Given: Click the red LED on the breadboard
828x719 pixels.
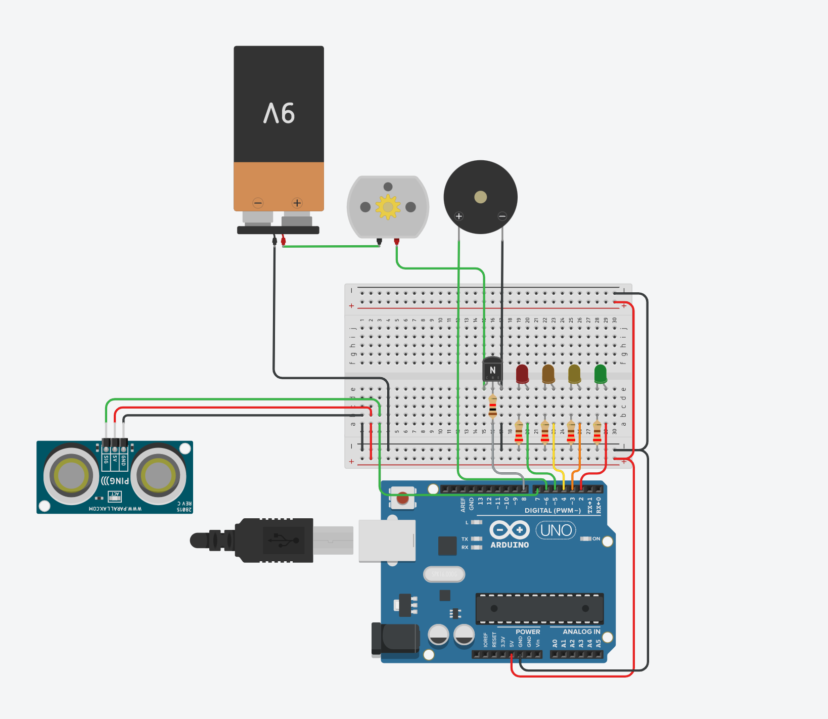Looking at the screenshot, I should (x=522, y=374).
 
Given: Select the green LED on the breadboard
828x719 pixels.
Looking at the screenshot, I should (x=601, y=374).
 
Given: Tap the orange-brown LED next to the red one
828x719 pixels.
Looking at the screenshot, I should (x=548, y=374).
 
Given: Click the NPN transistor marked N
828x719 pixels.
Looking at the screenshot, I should (x=492, y=370).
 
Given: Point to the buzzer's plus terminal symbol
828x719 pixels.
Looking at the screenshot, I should (x=459, y=216).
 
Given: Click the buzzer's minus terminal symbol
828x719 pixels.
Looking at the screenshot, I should (x=502, y=216).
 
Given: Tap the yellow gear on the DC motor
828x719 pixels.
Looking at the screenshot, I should (x=388, y=207).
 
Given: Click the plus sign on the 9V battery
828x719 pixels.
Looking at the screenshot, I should (x=297, y=203).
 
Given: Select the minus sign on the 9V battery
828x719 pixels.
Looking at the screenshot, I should (x=258, y=203).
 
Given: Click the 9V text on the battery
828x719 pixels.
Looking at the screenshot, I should (x=279, y=113).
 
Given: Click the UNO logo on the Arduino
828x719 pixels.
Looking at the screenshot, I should (x=556, y=530).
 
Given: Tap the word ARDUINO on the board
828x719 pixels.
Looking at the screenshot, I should (x=510, y=545).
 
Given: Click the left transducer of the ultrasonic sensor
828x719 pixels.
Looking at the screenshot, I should (x=71, y=475).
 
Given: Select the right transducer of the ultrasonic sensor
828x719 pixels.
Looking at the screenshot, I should (x=158, y=475).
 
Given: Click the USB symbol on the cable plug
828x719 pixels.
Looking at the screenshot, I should (x=284, y=541).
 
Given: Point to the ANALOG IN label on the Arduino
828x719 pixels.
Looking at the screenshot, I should (x=581, y=632).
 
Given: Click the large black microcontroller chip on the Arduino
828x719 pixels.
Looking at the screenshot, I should (x=539, y=608).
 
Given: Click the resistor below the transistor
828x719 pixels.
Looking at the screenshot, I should (x=492, y=407).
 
